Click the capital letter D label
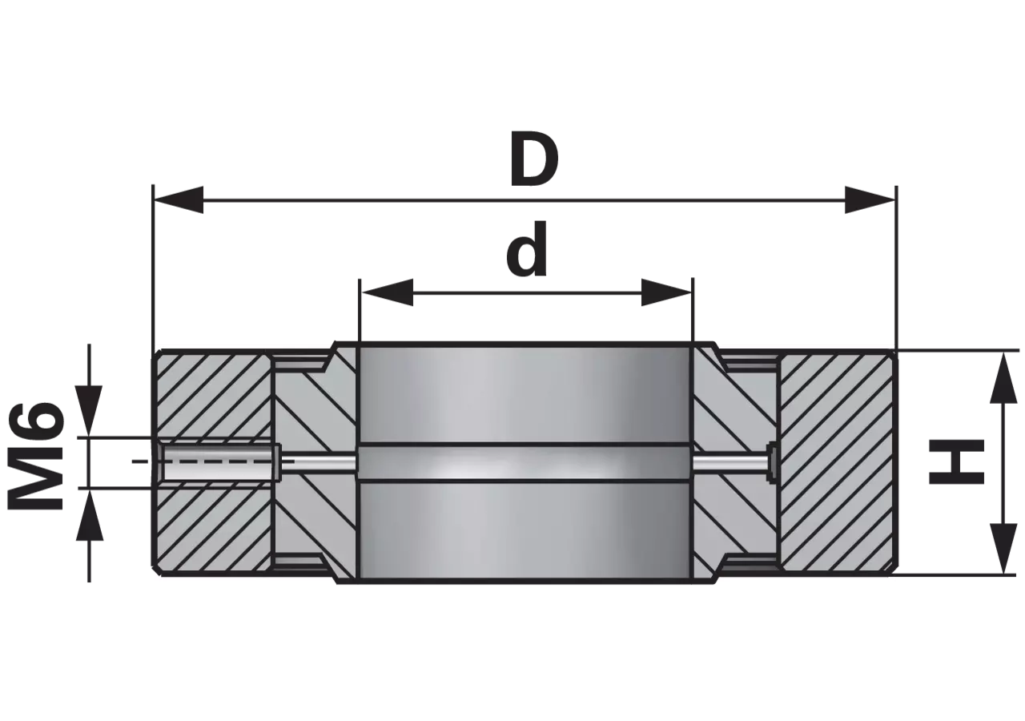(534, 159)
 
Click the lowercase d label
(527, 249)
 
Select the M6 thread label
(35, 457)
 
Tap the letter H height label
(956, 461)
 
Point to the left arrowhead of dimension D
(179, 200)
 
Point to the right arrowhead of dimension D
(869, 200)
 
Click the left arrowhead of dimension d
(387, 292)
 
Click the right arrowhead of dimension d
(666, 292)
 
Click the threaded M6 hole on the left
(219, 461)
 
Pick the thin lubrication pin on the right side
(731, 463)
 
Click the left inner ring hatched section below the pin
(316, 518)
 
